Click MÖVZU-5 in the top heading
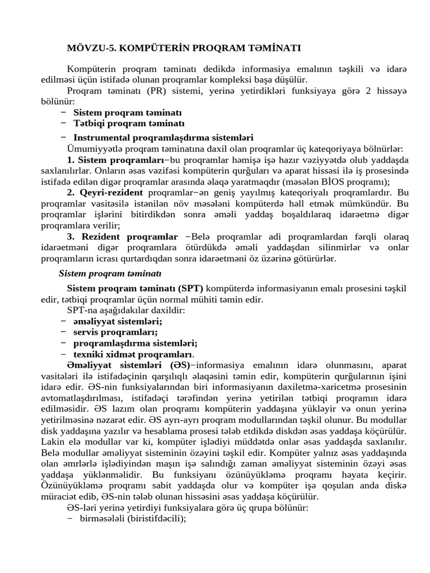(90, 48)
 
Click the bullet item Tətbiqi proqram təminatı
(129, 123)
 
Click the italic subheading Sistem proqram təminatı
(110, 273)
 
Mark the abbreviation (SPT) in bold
(191, 288)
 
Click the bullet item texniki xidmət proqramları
(134, 354)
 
